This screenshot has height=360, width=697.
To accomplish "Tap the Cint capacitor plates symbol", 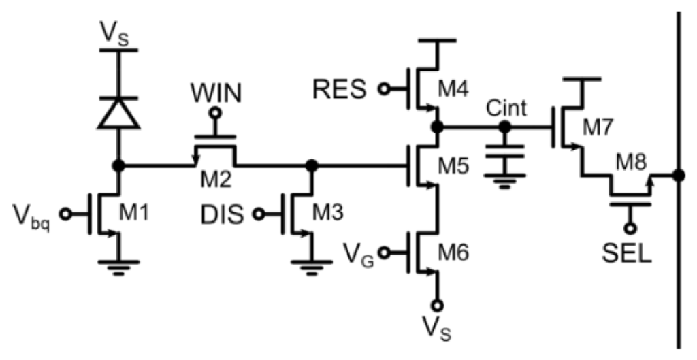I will pyautogui.click(x=504, y=161).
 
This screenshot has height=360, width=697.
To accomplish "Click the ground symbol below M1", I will pyautogui.click(x=119, y=266).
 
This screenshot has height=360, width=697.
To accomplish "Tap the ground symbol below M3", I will pyautogui.click(x=312, y=266).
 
